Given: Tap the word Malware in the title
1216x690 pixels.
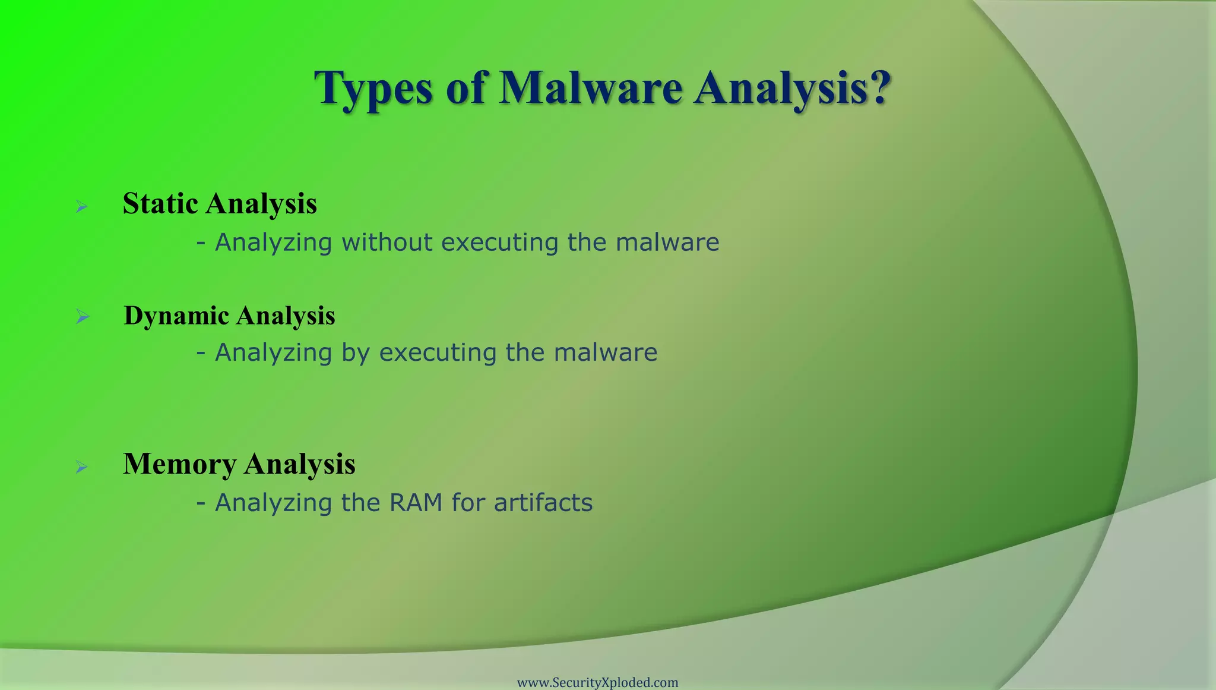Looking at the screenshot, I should click(590, 88).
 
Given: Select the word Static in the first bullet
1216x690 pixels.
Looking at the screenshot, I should click(160, 203).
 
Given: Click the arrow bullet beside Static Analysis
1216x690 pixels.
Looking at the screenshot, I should click(82, 207).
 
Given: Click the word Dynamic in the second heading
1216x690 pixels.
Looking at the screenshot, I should click(176, 316).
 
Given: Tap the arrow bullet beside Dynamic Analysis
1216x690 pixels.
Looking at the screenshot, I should click(82, 317).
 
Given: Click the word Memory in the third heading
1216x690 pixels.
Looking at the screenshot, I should click(179, 464).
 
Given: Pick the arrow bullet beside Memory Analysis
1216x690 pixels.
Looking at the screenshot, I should click(82, 467).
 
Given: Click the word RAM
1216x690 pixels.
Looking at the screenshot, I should click(416, 503).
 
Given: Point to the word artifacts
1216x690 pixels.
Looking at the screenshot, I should click(543, 503).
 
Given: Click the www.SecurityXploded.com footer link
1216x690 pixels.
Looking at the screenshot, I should click(597, 682).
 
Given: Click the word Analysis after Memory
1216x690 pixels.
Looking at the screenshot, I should click(299, 464).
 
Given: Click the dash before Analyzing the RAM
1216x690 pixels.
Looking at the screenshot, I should click(201, 503).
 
